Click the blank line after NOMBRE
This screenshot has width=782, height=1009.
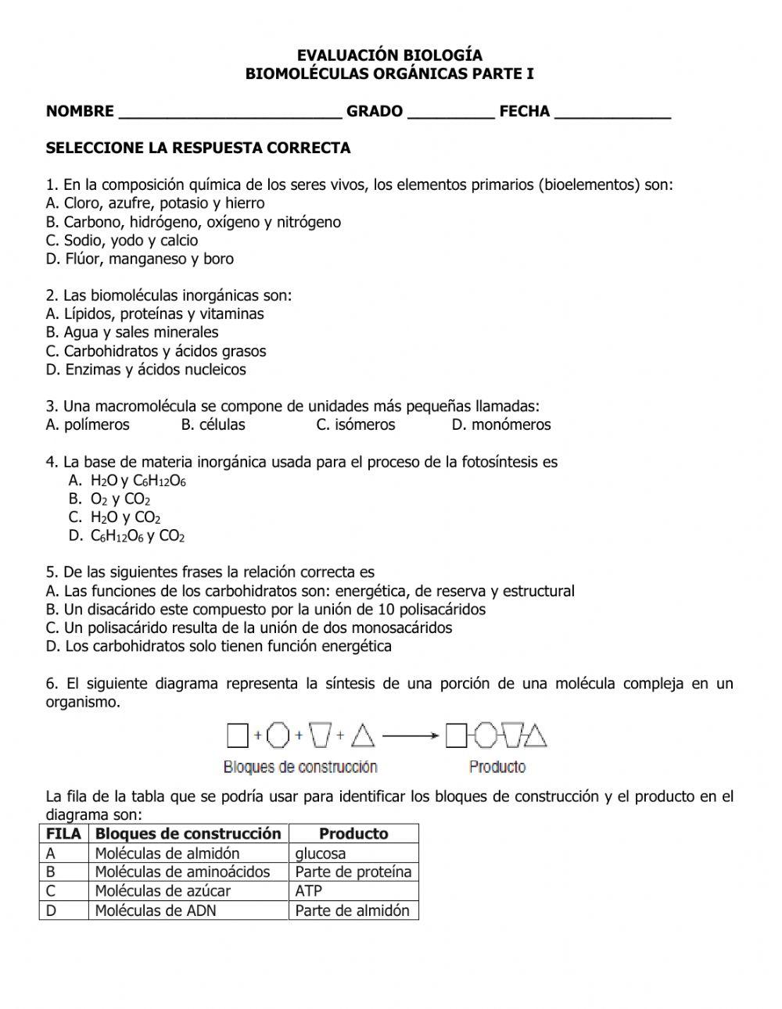pyautogui.click(x=230, y=115)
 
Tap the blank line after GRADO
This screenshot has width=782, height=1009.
pyautogui.click(x=451, y=115)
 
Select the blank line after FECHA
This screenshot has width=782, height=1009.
pyautogui.click(x=612, y=115)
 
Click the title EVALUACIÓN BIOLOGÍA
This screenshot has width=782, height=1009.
pyautogui.click(x=389, y=55)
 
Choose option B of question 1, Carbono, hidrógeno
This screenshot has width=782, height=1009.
pyautogui.click(x=193, y=222)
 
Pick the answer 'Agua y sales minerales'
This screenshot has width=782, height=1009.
pyautogui.click(x=132, y=332)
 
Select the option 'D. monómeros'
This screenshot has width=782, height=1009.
pyautogui.click(x=501, y=425)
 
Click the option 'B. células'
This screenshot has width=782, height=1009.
pyautogui.click(x=213, y=425)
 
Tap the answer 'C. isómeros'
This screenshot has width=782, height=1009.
pyautogui.click(x=356, y=425)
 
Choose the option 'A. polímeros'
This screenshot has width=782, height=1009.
pyautogui.click(x=88, y=425)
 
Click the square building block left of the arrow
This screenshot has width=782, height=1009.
pyautogui.click(x=237, y=735)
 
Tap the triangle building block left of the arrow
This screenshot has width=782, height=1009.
pyautogui.click(x=363, y=735)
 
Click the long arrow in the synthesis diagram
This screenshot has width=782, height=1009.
pyautogui.click(x=411, y=735)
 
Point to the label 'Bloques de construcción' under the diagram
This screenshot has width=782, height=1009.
pyautogui.click(x=300, y=767)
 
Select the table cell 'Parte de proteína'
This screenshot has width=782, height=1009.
pyautogui.click(x=353, y=872)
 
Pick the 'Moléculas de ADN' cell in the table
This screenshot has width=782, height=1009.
pyautogui.click(x=156, y=911)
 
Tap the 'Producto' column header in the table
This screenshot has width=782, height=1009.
pyautogui.click(x=353, y=834)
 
